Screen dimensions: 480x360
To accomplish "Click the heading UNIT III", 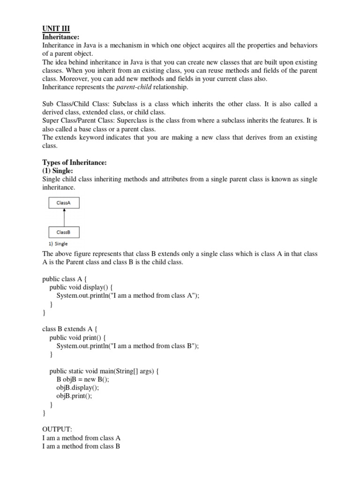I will (x=56, y=29).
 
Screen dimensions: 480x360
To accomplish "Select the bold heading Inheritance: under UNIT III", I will (x=61, y=37).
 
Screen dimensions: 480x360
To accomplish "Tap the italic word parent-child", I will (x=135, y=87).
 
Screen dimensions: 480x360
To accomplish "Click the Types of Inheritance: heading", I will (x=75, y=163).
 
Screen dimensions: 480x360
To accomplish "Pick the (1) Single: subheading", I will (x=58, y=171).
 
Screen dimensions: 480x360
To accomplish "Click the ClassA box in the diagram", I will (x=64, y=203).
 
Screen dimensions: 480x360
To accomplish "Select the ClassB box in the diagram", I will (x=64, y=232).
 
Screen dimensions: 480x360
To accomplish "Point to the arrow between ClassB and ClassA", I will (x=64, y=217).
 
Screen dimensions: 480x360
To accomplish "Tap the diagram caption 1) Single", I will (x=55, y=244).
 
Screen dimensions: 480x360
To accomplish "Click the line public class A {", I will (x=65, y=279).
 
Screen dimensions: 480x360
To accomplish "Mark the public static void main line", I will (x=105, y=371).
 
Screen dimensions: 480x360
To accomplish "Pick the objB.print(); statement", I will (x=75, y=396).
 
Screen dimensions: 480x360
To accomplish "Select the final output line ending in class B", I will (x=81, y=447).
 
